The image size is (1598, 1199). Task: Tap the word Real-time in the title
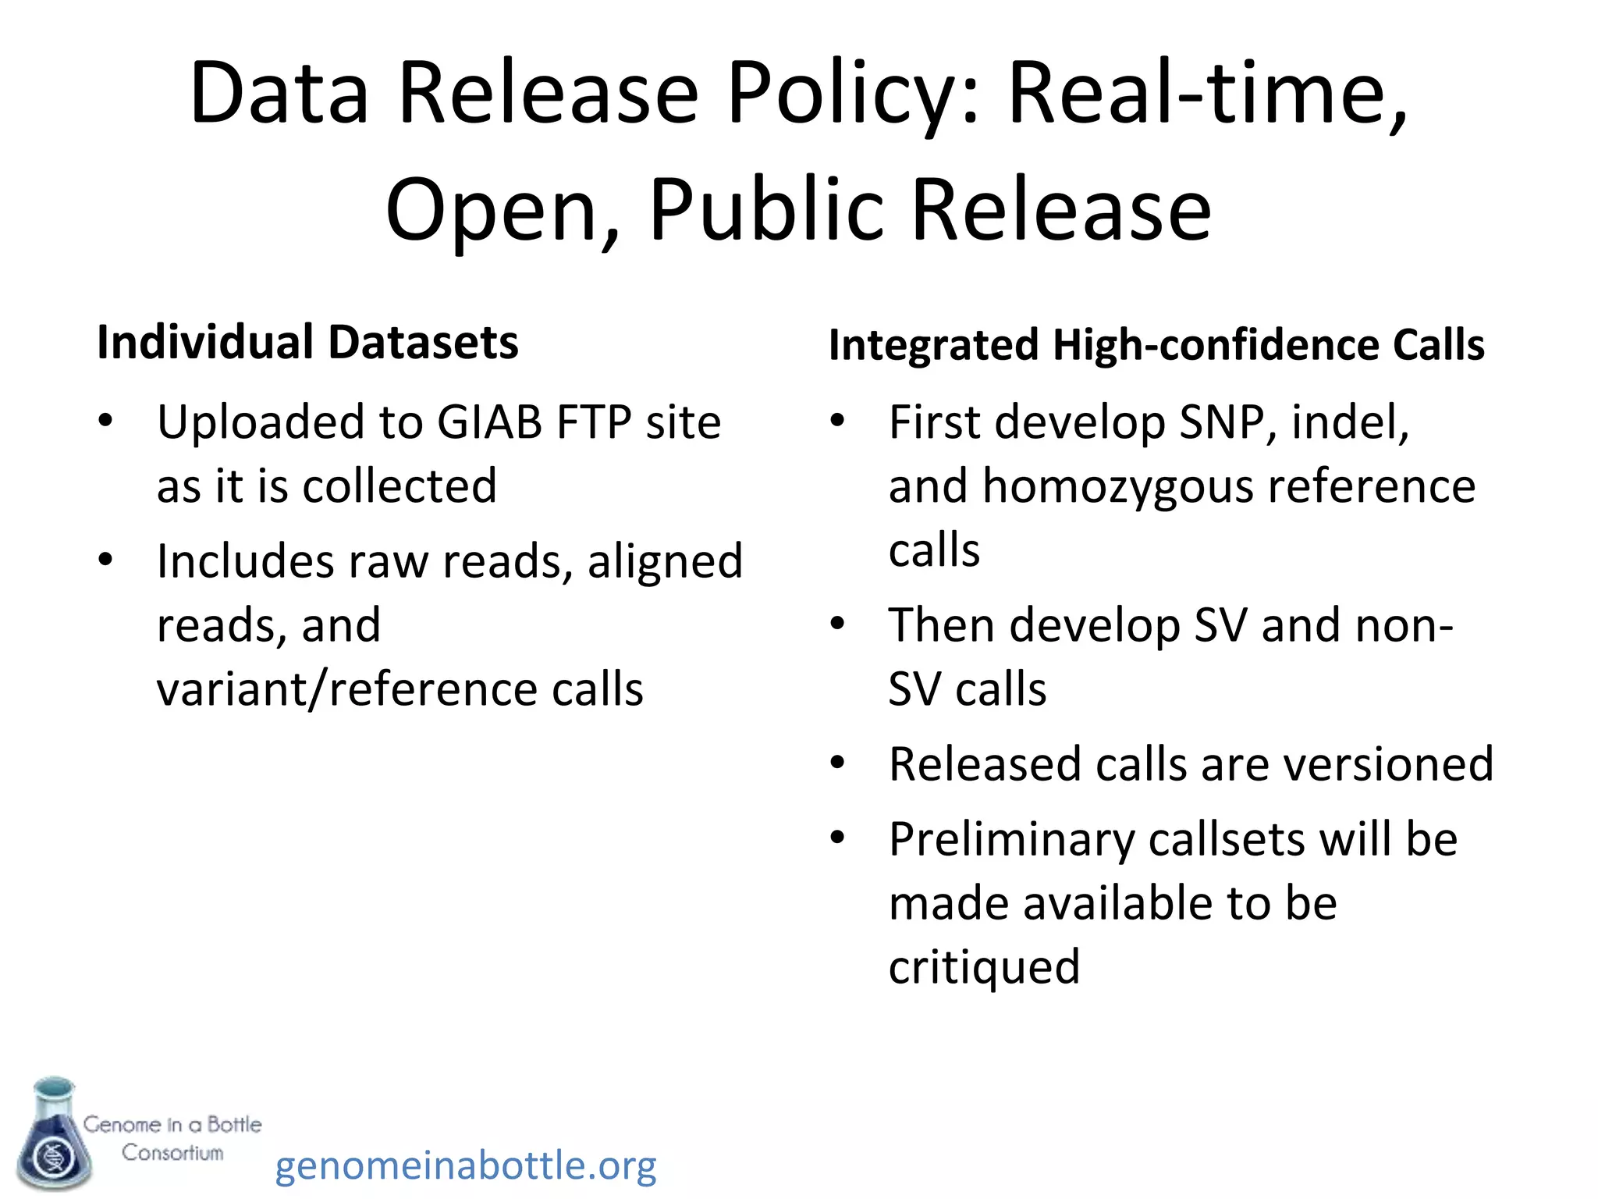[x=1207, y=94]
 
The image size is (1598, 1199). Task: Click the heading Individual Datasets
[x=307, y=342]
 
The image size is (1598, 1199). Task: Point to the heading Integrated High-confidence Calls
[x=1156, y=344]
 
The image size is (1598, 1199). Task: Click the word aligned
[x=665, y=561]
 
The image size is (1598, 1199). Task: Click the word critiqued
[x=984, y=967]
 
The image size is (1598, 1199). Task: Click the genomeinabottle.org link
[x=466, y=1165]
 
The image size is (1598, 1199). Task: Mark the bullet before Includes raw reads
[x=105, y=560]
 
